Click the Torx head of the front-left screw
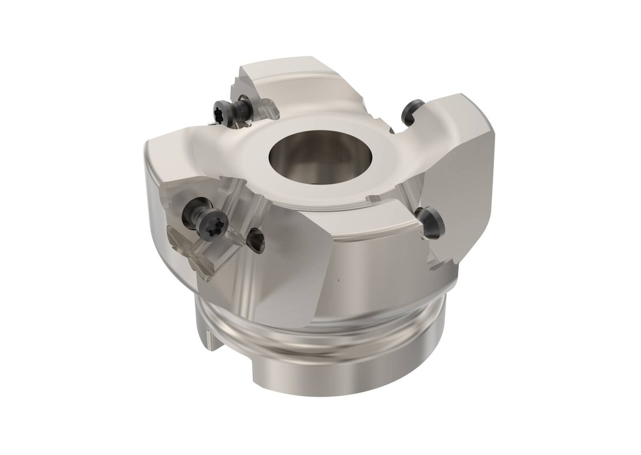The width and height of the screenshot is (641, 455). [211, 224]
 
